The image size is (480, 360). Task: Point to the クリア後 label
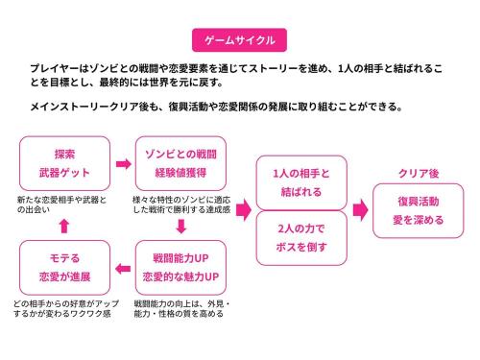click(x=419, y=173)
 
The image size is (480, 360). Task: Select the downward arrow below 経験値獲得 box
click(x=180, y=227)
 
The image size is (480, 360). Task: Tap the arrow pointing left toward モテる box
click(x=122, y=267)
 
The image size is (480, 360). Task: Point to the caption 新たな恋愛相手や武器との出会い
click(x=62, y=203)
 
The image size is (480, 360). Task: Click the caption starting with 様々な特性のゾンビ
click(x=180, y=203)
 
